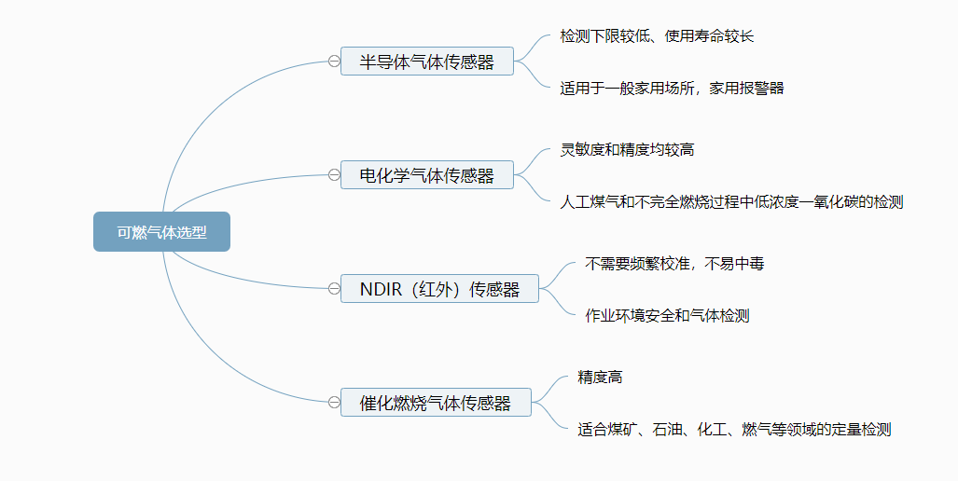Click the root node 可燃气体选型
point(161,232)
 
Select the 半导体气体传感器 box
point(427,62)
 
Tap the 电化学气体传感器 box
point(427,174)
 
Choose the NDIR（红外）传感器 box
point(439,289)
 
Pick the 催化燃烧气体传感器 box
point(436,403)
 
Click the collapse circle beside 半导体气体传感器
point(334,62)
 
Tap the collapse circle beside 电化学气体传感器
point(334,174)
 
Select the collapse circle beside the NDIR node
point(334,289)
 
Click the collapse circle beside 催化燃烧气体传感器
point(334,403)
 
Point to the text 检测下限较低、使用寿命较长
point(657,36)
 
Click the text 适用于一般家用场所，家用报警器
point(672,89)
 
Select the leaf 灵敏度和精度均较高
point(627,149)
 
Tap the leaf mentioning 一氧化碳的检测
point(731,201)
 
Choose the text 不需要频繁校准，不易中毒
point(674,264)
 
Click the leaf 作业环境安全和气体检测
point(667,316)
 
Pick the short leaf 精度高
point(600,378)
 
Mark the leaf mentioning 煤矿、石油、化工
point(734,430)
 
